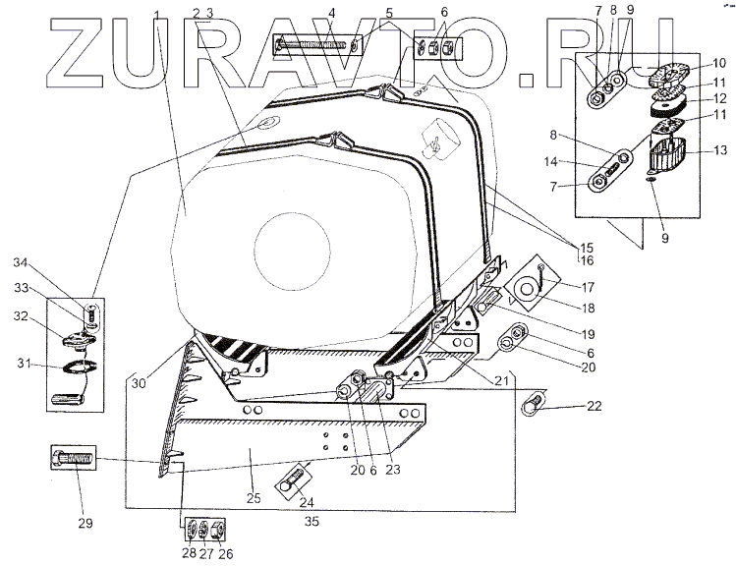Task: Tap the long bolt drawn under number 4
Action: pyautogui.click(x=313, y=44)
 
